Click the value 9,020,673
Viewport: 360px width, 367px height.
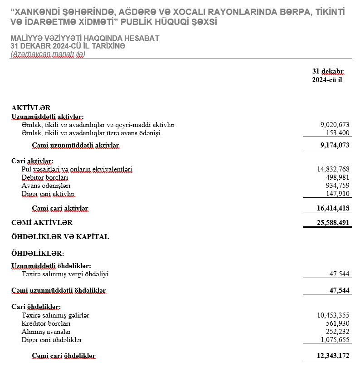335,125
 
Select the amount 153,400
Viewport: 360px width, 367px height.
338,133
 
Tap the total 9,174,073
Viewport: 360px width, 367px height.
335,145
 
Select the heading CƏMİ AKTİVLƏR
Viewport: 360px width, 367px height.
42,223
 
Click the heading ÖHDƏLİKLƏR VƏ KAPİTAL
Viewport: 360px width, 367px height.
60,236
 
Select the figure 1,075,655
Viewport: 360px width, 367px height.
335,340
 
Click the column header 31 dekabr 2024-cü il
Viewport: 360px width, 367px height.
327,76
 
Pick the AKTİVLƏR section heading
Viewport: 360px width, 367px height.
30,108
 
